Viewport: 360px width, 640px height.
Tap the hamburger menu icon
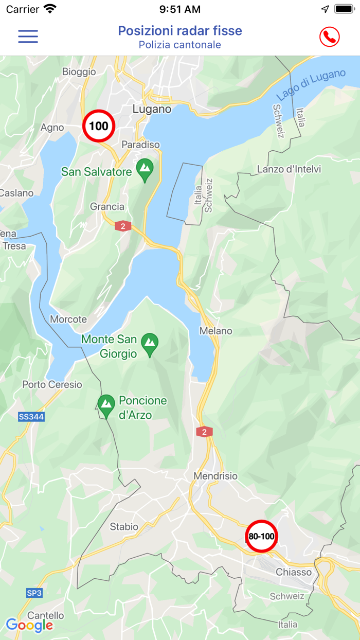pyautogui.click(x=28, y=36)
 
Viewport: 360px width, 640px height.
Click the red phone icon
pyautogui.click(x=329, y=37)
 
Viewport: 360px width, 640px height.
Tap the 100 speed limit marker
pyautogui.click(x=99, y=126)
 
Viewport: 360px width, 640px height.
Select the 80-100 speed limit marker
pyautogui.click(x=261, y=536)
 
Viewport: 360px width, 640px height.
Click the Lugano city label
pyautogui.click(x=152, y=109)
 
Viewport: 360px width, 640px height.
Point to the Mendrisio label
pyautogui.click(x=215, y=476)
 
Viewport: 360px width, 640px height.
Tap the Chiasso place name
pyautogui.click(x=294, y=572)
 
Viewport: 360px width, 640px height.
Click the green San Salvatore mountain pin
pyautogui.click(x=145, y=169)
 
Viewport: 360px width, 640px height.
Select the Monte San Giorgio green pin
pyautogui.click(x=150, y=344)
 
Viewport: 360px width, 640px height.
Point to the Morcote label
pyautogui.click(x=68, y=319)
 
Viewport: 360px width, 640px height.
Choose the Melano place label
pyautogui.click(x=216, y=331)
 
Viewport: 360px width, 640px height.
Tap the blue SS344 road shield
pyautogui.click(x=31, y=417)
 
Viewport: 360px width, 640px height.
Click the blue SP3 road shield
pyautogui.click(x=34, y=593)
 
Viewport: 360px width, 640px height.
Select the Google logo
pyautogui.click(x=29, y=625)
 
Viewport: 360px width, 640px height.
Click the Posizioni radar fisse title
pyautogui.click(x=180, y=31)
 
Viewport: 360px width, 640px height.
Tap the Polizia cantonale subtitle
pyautogui.click(x=180, y=45)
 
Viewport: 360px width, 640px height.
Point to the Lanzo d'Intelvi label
pyautogui.click(x=289, y=169)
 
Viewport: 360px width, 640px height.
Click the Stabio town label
pyautogui.click(x=124, y=526)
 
